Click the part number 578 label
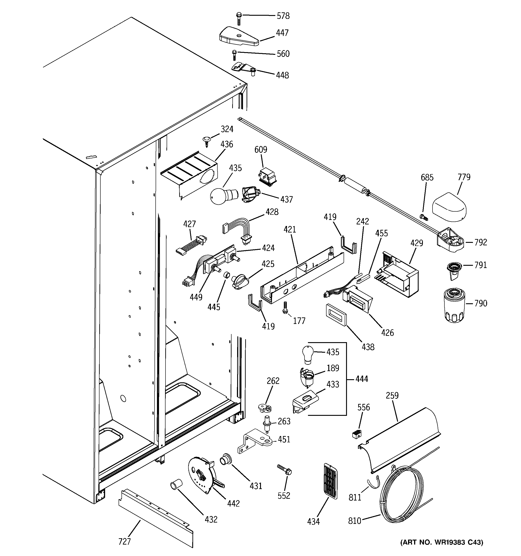(x=283, y=16)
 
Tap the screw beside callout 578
(x=239, y=18)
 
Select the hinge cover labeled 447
(x=238, y=37)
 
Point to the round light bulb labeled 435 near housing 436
(x=222, y=195)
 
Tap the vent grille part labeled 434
(x=330, y=481)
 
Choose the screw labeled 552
(x=285, y=470)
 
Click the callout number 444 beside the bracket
(x=362, y=379)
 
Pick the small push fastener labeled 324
(x=206, y=140)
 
